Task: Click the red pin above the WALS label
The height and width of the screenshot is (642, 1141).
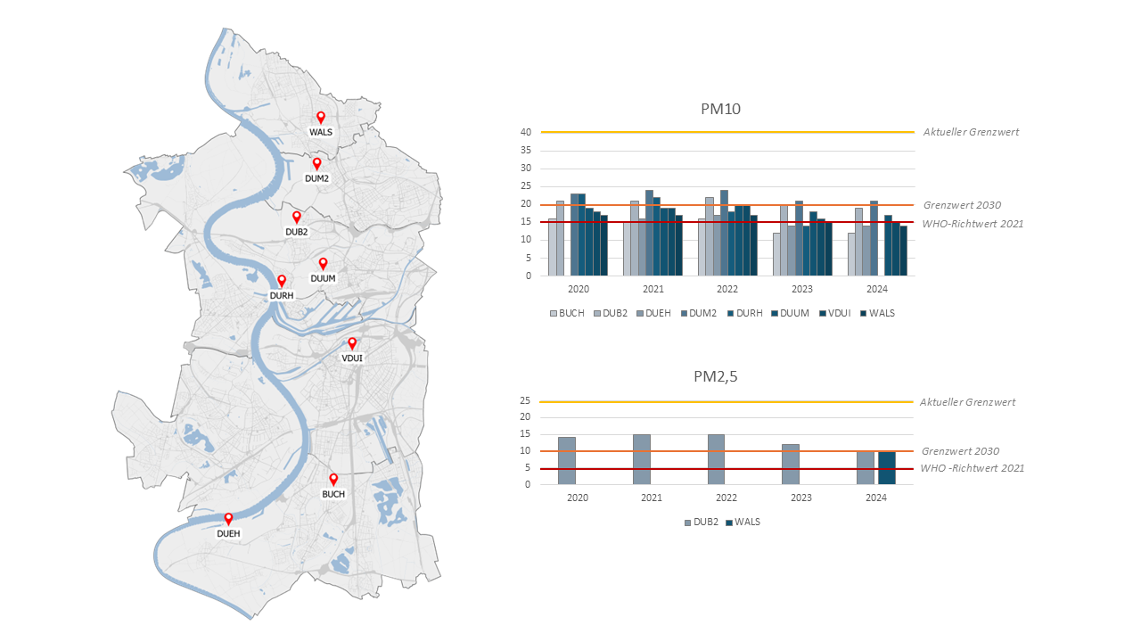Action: [x=321, y=117]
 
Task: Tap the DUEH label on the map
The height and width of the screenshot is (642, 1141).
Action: [x=228, y=534]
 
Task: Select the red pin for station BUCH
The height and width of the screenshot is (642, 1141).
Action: [x=333, y=479]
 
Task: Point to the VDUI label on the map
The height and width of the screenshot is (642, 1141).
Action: [x=352, y=358]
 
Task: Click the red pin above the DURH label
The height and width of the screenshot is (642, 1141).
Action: [x=282, y=281]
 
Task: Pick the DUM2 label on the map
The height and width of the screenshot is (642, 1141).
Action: [x=316, y=178]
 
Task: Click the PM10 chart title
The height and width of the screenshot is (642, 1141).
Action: [x=720, y=110]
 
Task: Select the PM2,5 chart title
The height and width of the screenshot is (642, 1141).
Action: [x=715, y=376]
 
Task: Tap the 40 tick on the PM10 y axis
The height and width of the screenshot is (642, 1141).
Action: [x=526, y=133]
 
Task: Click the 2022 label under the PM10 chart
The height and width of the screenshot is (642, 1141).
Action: [x=726, y=290]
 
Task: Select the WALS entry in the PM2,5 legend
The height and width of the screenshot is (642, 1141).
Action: [x=747, y=522]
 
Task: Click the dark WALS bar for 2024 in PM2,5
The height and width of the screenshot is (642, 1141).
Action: [x=886, y=468]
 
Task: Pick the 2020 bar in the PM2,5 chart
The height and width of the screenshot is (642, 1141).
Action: [x=567, y=461]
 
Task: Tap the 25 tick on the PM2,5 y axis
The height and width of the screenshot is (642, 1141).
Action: [x=526, y=401]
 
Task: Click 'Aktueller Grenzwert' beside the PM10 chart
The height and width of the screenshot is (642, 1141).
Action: [x=971, y=132]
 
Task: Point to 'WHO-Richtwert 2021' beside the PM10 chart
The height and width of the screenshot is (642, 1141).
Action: [x=973, y=224]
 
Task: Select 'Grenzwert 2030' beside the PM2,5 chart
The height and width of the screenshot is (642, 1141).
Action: [x=960, y=451]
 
